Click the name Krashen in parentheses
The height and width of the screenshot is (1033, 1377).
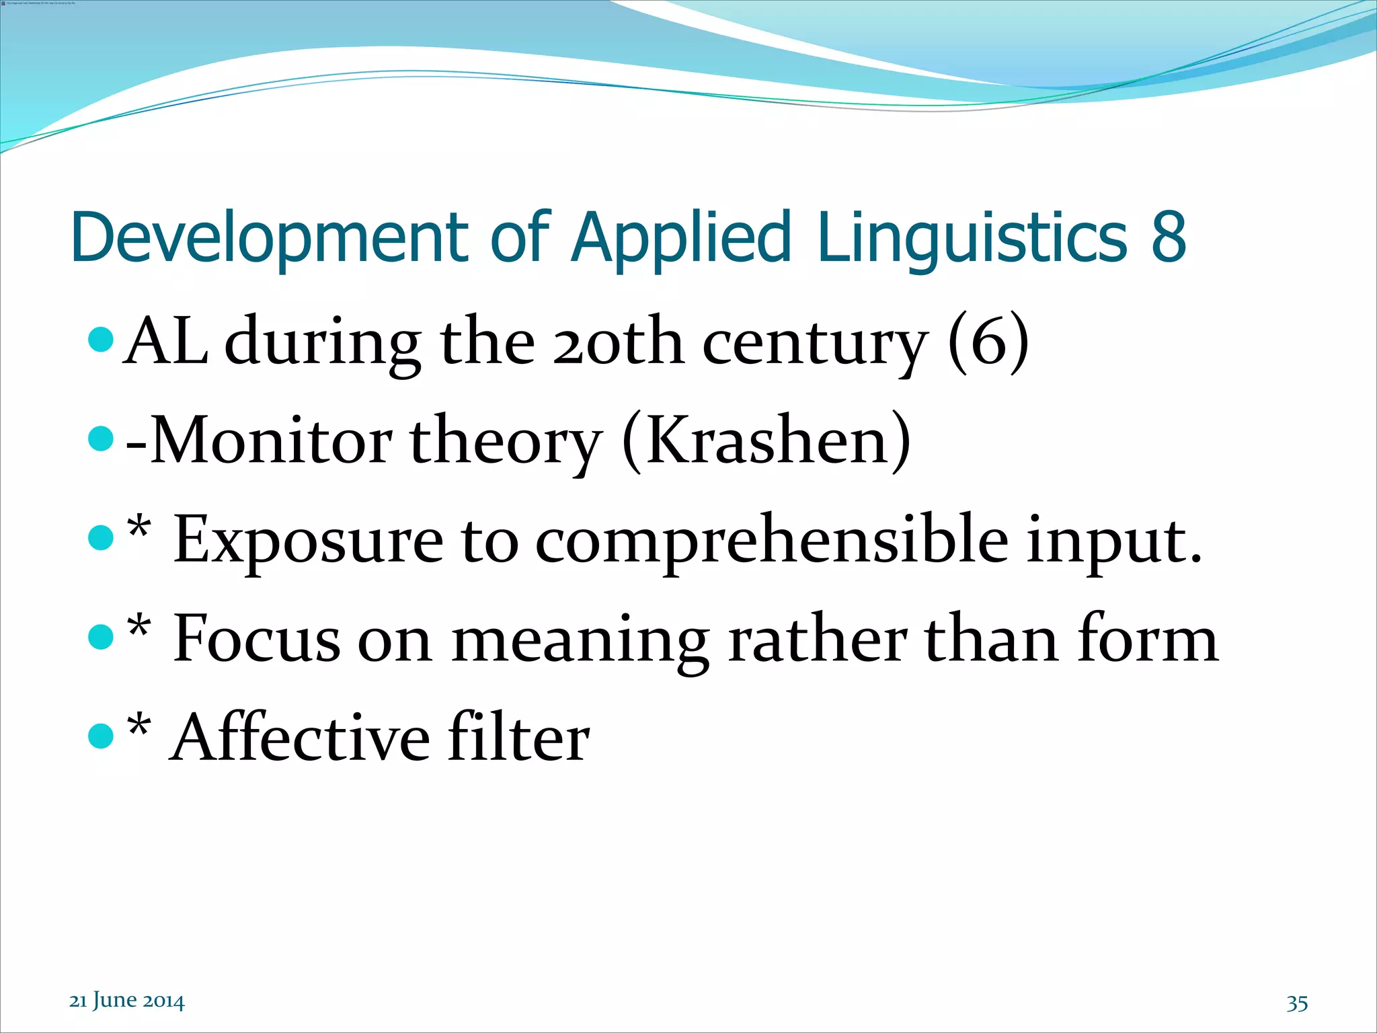(x=767, y=441)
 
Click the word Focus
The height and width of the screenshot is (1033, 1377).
(x=257, y=639)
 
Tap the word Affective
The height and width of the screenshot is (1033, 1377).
(x=300, y=738)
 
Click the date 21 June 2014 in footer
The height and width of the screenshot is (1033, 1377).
(x=126, y=1001)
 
